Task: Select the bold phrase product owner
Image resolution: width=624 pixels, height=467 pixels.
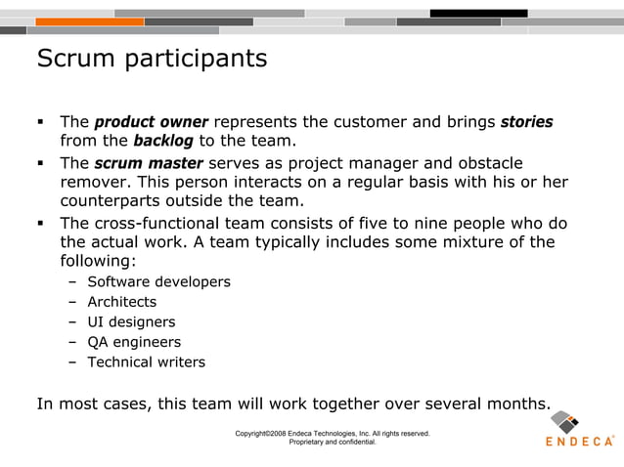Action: (x=151, y=123)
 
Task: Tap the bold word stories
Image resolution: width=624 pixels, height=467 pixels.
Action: (x=526, y=123)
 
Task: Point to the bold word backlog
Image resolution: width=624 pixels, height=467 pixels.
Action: (x=162, y=142)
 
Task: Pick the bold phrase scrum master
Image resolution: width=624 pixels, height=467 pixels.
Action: (x=149, y=163)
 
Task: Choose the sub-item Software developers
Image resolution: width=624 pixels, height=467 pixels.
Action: (x=158, y=282)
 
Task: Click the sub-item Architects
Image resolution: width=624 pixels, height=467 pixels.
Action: (x=121, y=302)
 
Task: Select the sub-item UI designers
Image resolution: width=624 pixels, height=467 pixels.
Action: (x=131, y=322)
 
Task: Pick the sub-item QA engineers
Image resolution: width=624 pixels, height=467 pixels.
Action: (x=134, y=342)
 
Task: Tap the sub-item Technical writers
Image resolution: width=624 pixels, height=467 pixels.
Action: (x=146, y=362)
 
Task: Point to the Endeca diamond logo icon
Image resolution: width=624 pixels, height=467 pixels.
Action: (x=565, y=423)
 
